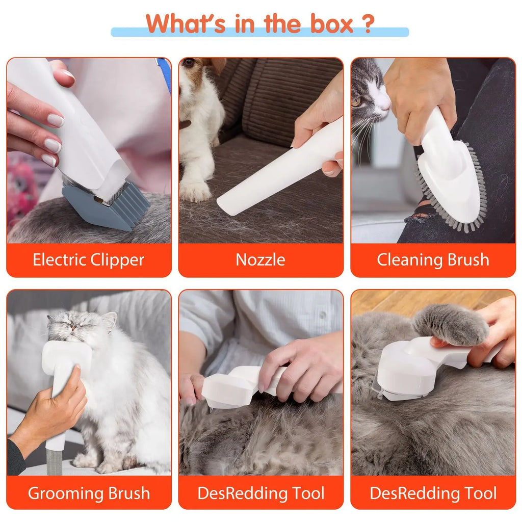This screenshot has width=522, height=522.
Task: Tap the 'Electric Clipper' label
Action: (89, 260)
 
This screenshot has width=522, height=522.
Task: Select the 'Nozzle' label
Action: (260, 260)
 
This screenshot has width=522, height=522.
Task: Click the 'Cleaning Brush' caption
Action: (433, 260)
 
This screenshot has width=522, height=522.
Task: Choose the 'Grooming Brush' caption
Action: (89, 493)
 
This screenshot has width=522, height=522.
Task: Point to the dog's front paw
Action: (195, 192)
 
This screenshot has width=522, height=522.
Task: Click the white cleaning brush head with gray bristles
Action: (449, 189)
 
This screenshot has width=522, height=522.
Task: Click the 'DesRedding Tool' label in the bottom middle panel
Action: (260, 493)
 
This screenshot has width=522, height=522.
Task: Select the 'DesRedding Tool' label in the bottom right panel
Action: (433, 493)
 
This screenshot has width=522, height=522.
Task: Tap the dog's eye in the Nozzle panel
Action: (190, 63)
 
